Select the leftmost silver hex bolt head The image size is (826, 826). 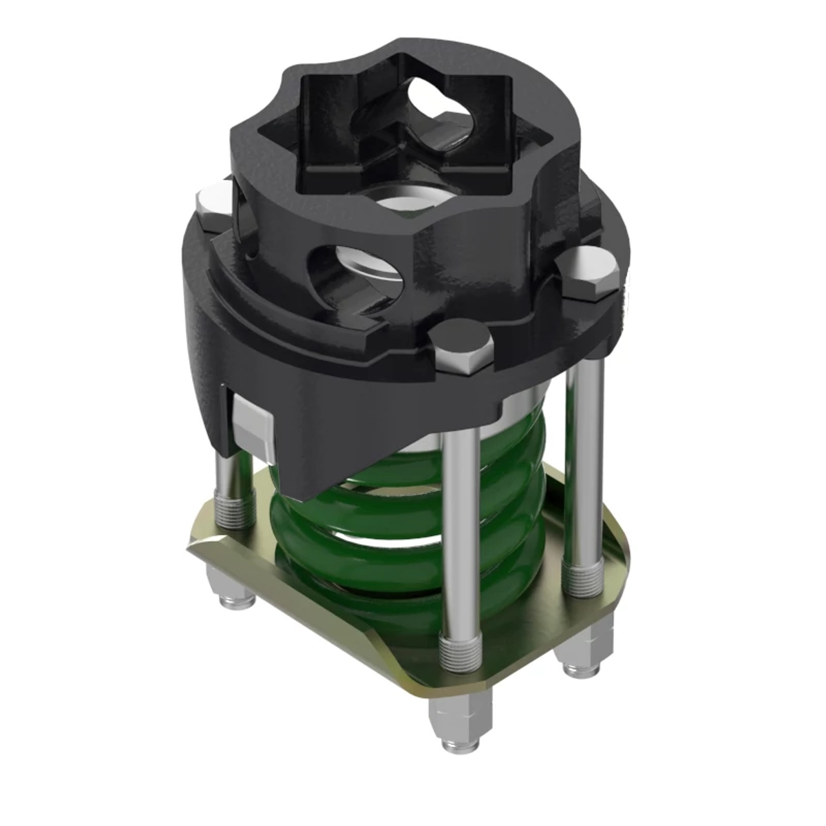pyautogui.click(x=211, y=204)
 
